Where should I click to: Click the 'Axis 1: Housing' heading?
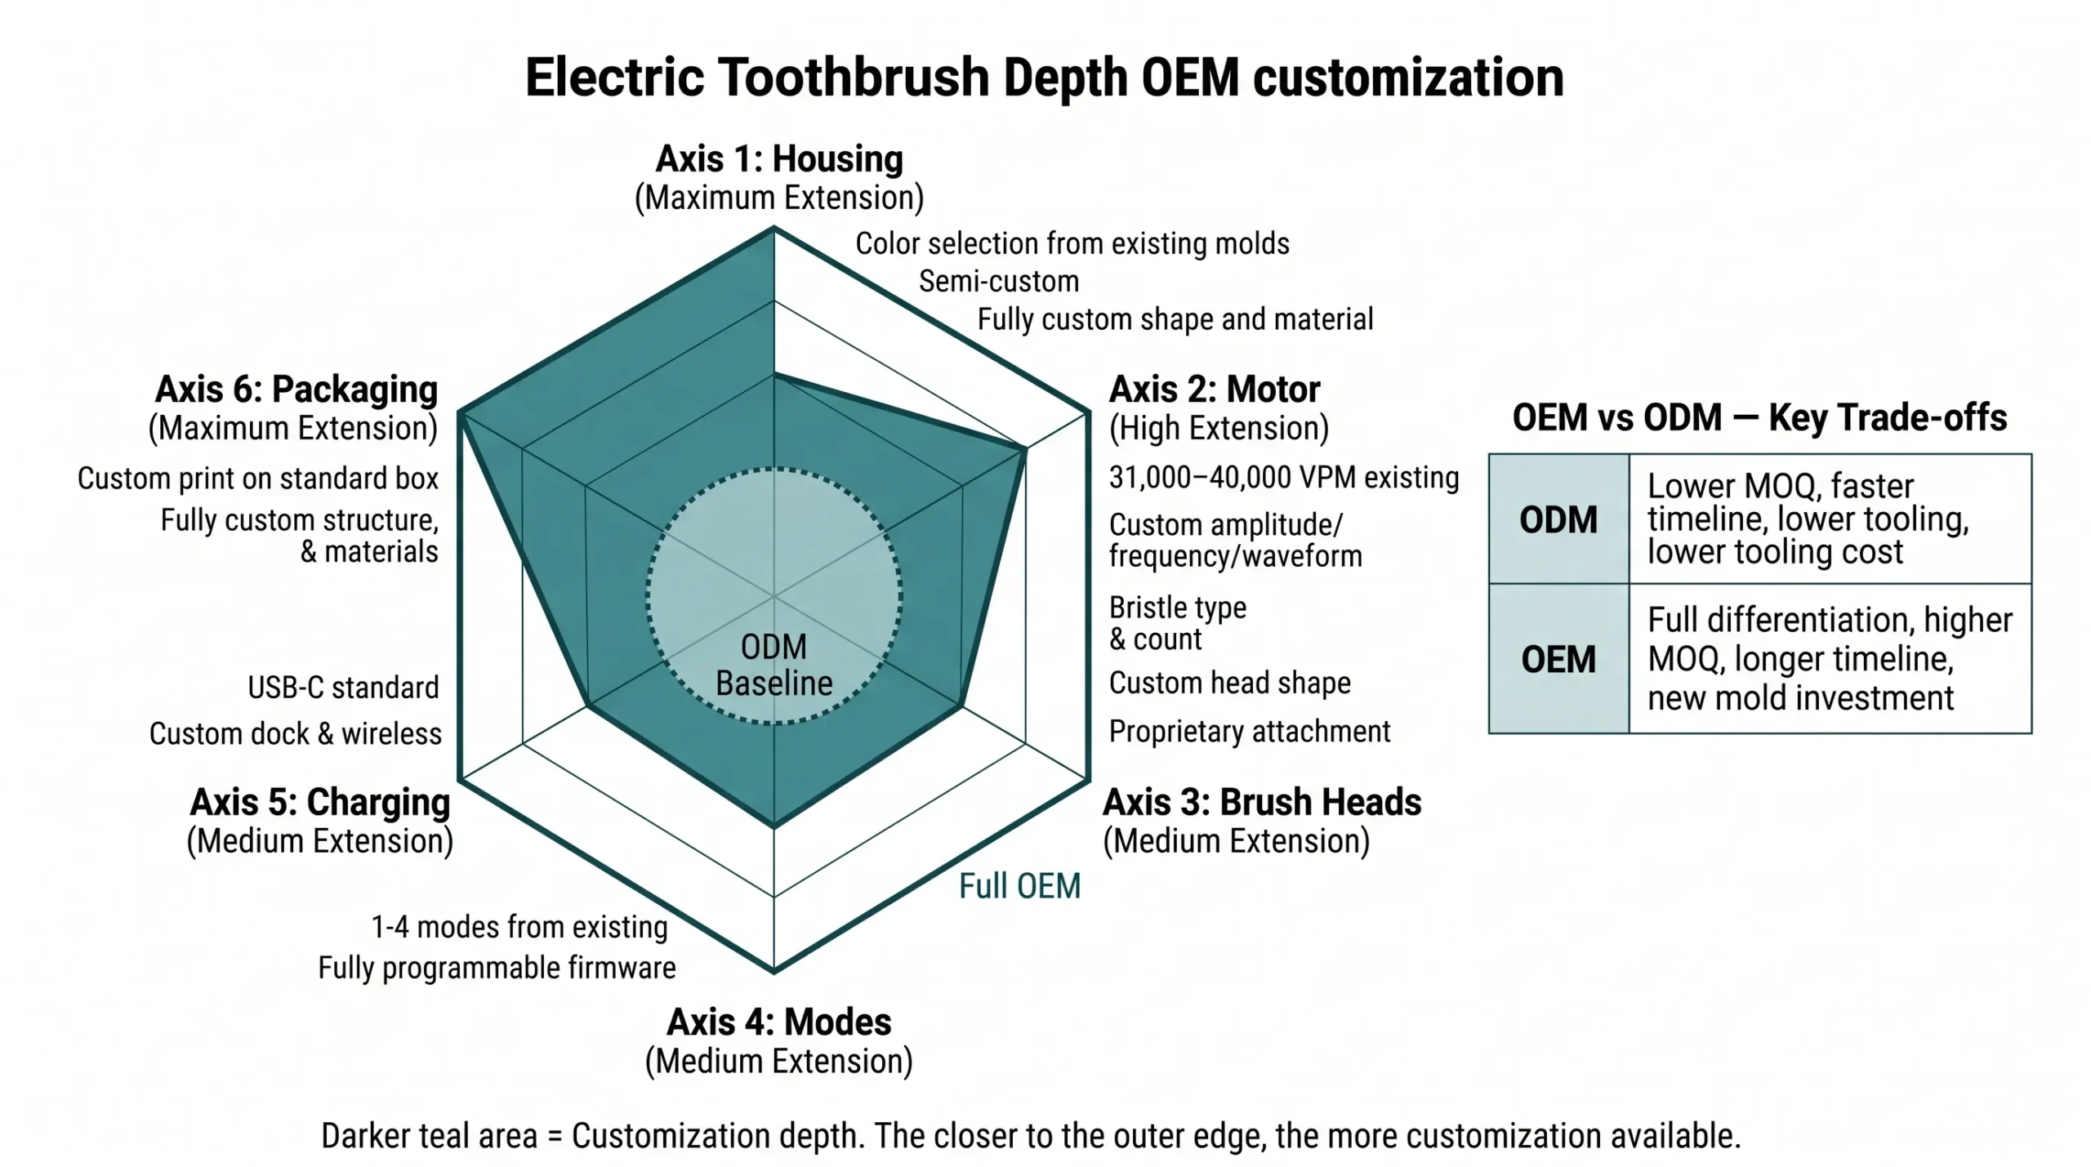click(778, 159)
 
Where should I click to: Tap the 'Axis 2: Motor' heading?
click(1214, 390)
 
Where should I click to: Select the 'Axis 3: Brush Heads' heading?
click(1262, 802)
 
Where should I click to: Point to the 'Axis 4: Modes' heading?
click(778, 1022)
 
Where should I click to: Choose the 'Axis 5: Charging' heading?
click(320, 802)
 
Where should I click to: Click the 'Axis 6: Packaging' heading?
click(296, 390)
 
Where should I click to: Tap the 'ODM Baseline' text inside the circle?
click(774, 666)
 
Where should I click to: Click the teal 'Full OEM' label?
click(1019, 886)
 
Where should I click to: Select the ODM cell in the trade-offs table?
click(1558, 519)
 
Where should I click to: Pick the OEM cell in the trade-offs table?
click(1558, 659)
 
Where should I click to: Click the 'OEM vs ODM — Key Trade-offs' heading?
click(1759, 417)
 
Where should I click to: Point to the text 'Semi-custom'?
click(998, 282)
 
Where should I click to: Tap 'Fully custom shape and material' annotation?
click(1175, 319)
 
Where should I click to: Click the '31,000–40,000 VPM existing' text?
click(1283, 478)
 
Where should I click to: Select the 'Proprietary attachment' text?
click(1249, 732)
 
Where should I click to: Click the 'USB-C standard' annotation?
click(343, 688)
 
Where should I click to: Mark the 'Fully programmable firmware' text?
click(497, 968)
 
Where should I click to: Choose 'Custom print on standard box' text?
click(258, 479)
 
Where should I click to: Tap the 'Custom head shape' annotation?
click(1229, 683)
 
